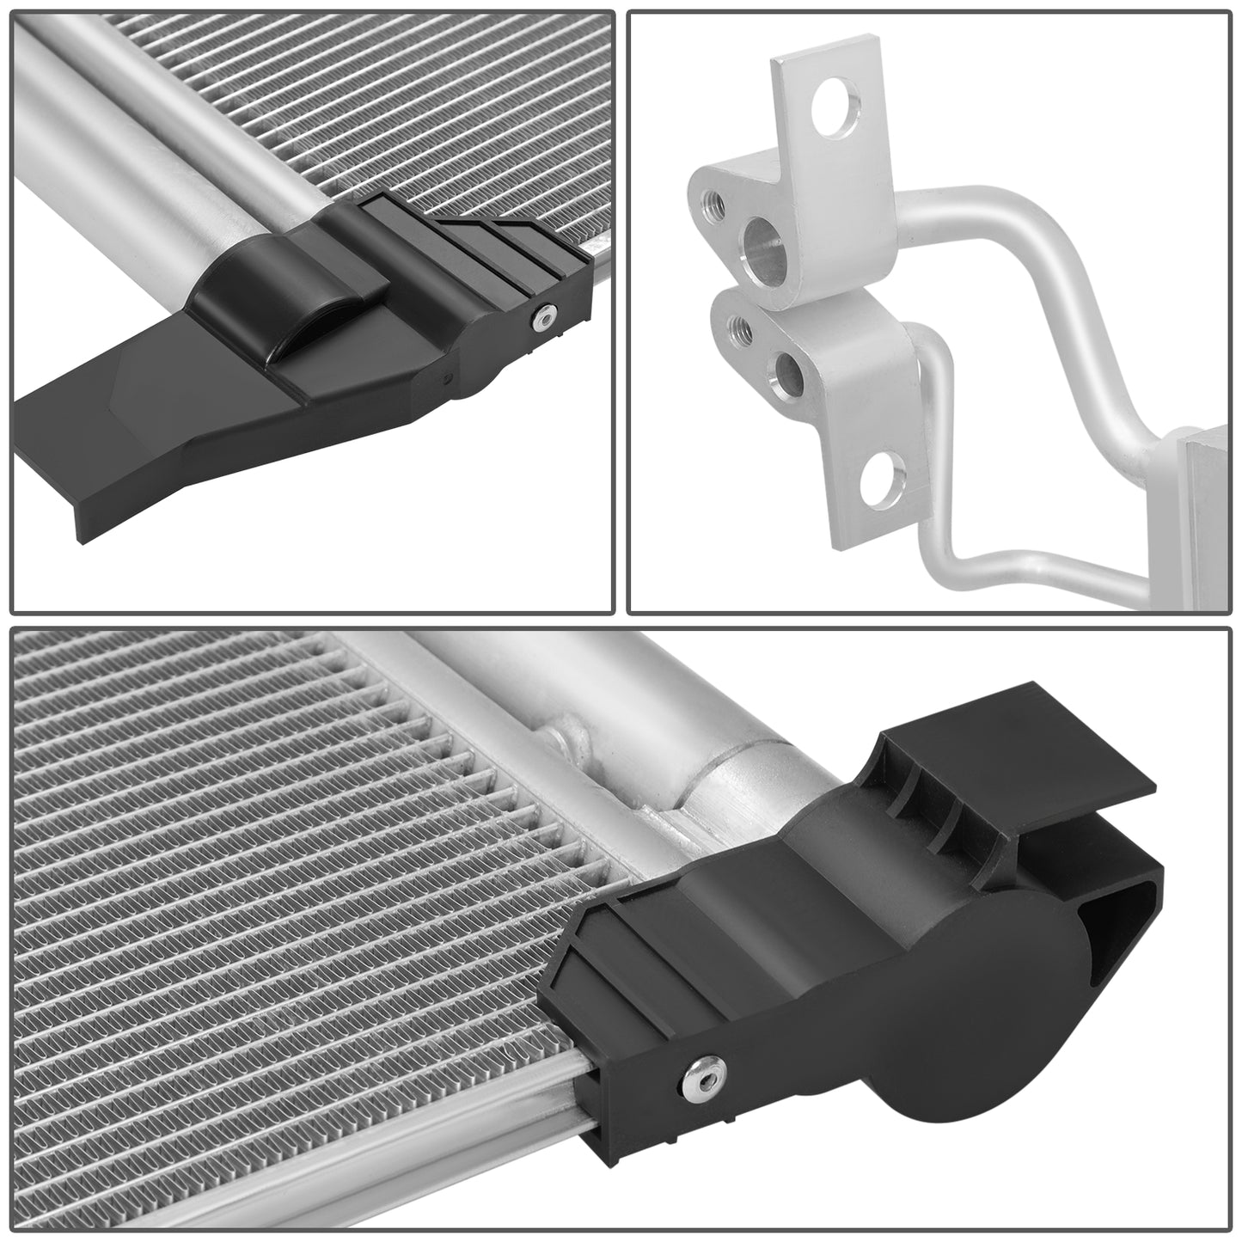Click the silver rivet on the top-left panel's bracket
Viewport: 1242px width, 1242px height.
[x=540, y=320]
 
